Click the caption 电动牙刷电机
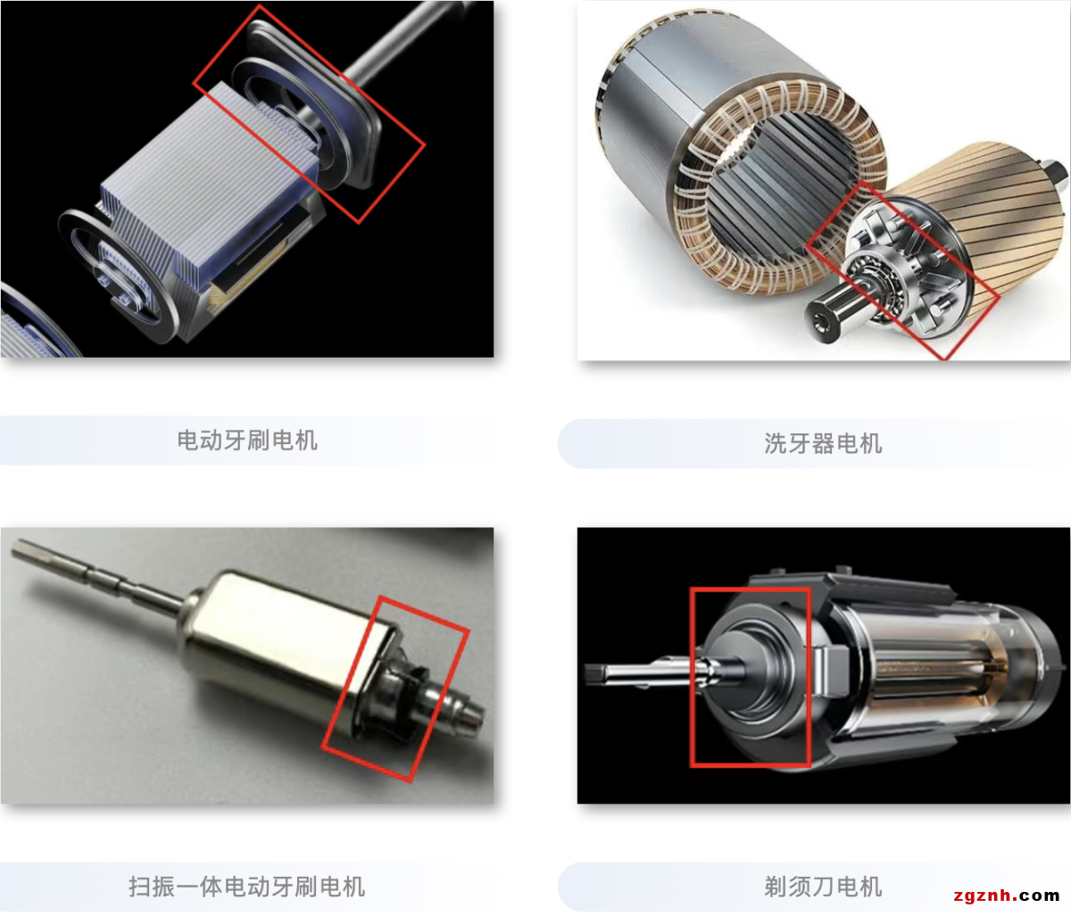point(247,441)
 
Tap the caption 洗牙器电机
point(823,444)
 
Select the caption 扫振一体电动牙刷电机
point(247,886)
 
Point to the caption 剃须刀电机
point(823,886)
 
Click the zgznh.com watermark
point(1006,895)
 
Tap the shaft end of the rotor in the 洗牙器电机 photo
point(824,320)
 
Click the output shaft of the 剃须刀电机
point(648,672)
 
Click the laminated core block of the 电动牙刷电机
point(207,186)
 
